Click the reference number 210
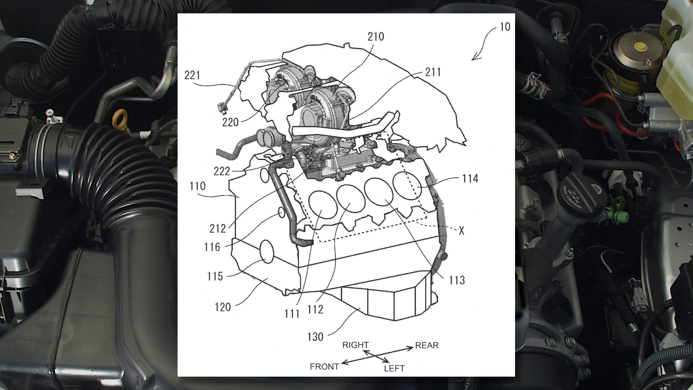tap(376, 36)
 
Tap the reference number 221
tap(192, 75)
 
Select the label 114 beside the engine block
tap(470, 178)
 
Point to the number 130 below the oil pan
tap(315, 337)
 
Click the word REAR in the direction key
tap(427, 345)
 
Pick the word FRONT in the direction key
tap(324, 367)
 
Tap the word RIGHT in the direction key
tap(356, 345)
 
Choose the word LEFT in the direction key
tap(394, 368)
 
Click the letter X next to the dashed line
tap(461, 231)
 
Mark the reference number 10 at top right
tap(505, 27)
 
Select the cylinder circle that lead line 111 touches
tap(323, 204)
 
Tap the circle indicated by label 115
tap(267, 251)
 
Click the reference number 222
tap(222, 171)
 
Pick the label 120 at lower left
tap(222, 307)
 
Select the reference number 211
tap(433, 72)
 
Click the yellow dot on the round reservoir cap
tap(640, 46)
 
